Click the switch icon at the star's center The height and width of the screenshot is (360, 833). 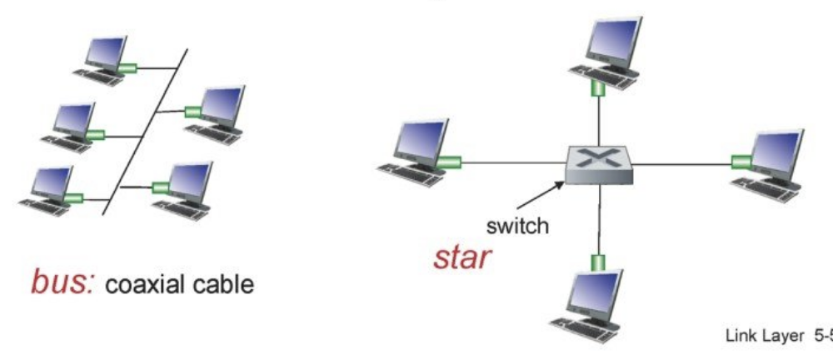pos(598,163)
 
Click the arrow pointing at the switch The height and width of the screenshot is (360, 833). pos(533,191)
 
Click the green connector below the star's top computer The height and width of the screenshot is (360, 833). pos(597,86)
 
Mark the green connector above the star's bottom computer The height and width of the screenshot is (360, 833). pos(596,262)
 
